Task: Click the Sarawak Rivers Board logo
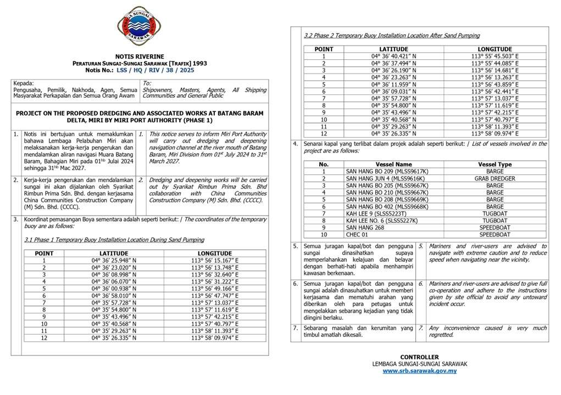tap(139, 26)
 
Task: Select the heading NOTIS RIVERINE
tap(139, 57)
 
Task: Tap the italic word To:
tap(147, 83)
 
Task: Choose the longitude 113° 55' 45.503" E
tap(495, 56)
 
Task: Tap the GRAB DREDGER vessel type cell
tap(495, 178)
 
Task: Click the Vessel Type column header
tap(495, 164)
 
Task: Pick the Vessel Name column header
tap(393, 164)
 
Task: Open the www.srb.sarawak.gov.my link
tap(419, 371)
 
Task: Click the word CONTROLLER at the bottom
tap(419, 357)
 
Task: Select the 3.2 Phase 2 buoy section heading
tap(392, 36)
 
